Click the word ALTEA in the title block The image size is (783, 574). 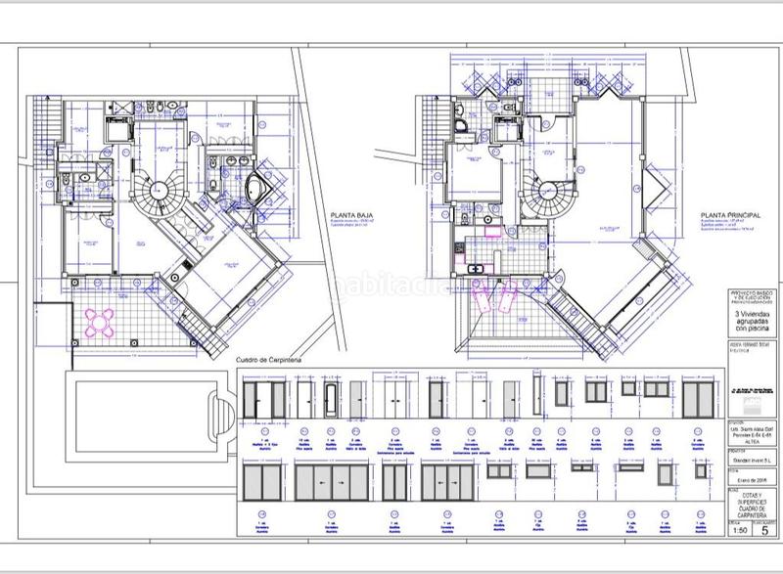[749, 441]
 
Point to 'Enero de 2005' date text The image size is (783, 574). [749, 481]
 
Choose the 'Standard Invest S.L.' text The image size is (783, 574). [749, 461]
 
